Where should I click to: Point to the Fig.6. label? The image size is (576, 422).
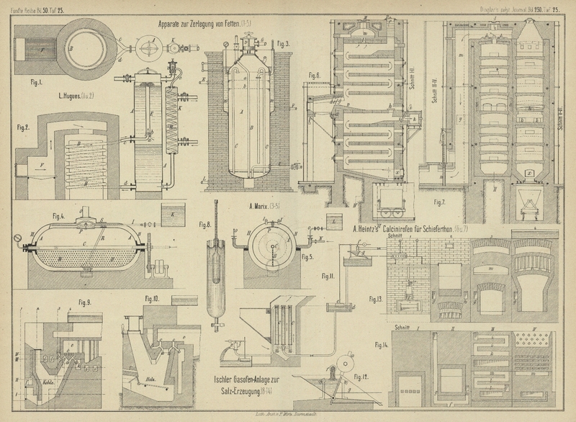coord(313,75)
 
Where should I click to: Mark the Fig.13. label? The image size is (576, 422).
coord(374,297)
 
